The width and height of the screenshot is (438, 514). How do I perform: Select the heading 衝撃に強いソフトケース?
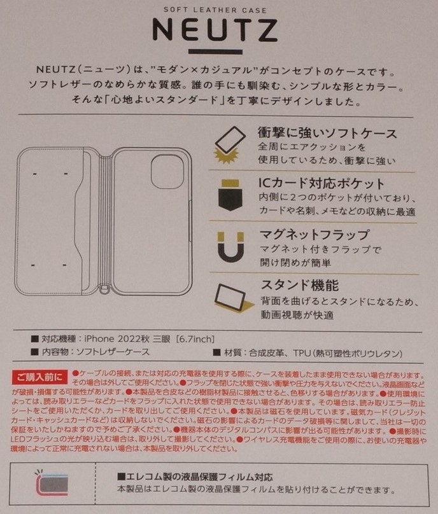click(x=328, y=134)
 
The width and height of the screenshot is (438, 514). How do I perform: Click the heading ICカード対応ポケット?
click(x=321, y=184)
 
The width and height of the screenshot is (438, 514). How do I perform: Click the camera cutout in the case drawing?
click(x=167, y=172)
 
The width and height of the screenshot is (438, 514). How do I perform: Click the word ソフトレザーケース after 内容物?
click(x=113, y=351)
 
